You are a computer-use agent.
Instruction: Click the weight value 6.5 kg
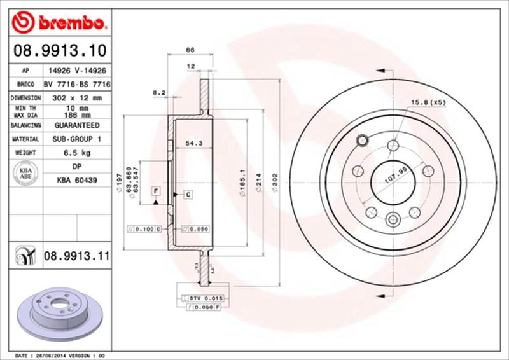[x=77, y=153]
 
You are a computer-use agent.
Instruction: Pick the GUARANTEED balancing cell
[x=77, y=125]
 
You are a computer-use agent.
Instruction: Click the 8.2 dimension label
[x=159, y=93]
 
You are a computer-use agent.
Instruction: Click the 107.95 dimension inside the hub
[x=396, y=174]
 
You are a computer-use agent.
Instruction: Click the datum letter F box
[x=155, y=191]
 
